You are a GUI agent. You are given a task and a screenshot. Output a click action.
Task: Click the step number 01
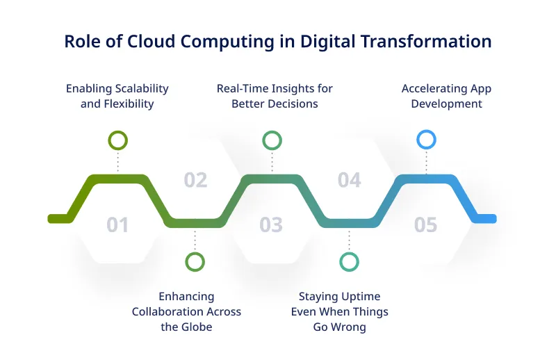pyautogui.click(x=117, y=225)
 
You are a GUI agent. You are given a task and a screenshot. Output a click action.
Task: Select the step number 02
pyautogui.click(x=195, y=181)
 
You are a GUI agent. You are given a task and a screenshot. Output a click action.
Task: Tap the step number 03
pyautogui.click(x=271, y=225)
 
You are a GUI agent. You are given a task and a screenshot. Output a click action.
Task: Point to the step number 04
pyautogui.click(x=349, y=181)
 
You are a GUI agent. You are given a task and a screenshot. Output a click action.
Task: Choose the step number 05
pyautogui.click(x=425, y=225)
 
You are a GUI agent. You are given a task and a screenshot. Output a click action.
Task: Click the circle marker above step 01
pyautogui.click(x=117, y=140)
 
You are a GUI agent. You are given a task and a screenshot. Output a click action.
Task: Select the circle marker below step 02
pyautogui.click(x=195, y=261)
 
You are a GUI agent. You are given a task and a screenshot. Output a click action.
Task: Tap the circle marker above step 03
pyautogui.click(x=272, y=140)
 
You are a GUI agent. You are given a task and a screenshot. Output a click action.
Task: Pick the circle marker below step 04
pyautogui.click(x=349, y=261)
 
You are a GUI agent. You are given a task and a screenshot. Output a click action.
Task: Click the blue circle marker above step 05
pyautogui.click(x=425, y=140)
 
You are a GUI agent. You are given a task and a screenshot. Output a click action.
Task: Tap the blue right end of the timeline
pyautogui.click(x=486, y=219)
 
